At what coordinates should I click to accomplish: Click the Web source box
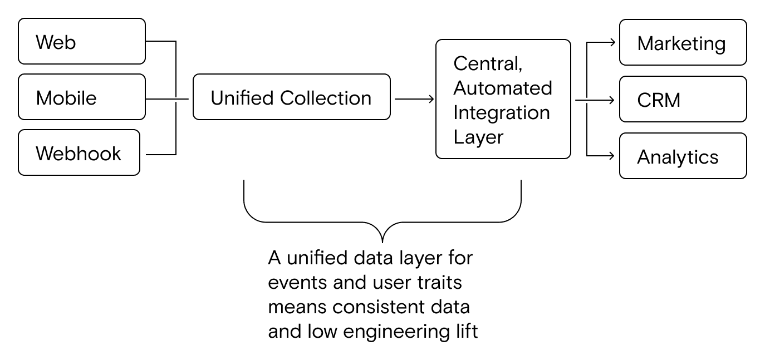point(82,42)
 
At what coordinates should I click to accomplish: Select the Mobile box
point(82,97)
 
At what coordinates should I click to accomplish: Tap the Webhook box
point(79,153)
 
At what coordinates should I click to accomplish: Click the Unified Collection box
point(291,97)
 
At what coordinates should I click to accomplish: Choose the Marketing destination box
point(683,43)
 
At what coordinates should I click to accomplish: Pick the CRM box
point(683,100)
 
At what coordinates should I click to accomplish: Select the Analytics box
point(683,156)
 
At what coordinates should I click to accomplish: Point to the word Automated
point(503,88)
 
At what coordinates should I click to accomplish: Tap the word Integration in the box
point(502,112)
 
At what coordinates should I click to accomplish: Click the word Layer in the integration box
point(478,137)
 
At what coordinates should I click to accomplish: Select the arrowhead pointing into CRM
point(612,100)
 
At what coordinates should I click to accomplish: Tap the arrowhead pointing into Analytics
point(612,156)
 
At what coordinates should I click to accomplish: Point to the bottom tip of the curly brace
point(382,240)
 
